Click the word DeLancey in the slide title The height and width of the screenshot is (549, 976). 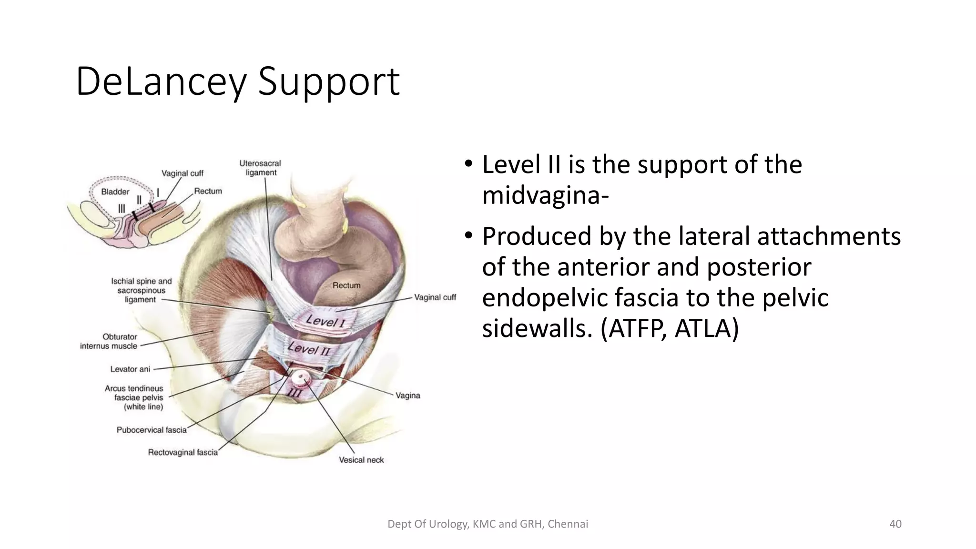[x=161, y=82]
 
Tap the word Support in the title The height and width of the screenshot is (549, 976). [x=328, y=82]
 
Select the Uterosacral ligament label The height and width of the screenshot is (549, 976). [x=260, y=168]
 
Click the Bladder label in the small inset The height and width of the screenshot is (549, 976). [x=115, y=192]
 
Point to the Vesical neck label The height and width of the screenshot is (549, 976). [x=361, y=460]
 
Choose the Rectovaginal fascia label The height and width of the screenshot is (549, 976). [x=183, y=452]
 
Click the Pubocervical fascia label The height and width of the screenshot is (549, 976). [x=152, y=430]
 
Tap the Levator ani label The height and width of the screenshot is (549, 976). [x=130, y=369]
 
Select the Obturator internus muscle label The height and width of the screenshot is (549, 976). [x=109, y=341]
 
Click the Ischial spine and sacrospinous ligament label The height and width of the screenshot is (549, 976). [x=141, y=290]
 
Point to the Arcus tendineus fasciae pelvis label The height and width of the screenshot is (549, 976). [x=134, y=397]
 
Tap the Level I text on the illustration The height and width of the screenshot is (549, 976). [x=325, y=321]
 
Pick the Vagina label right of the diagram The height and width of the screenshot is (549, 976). [x=408, y=396]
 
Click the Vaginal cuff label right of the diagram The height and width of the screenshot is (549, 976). [x=435, y=297]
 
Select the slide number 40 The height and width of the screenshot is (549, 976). [x=895, y=524]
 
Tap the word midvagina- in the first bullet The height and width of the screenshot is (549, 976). [x=546, y=195]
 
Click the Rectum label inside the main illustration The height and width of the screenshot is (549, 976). [x=346, y=285]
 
